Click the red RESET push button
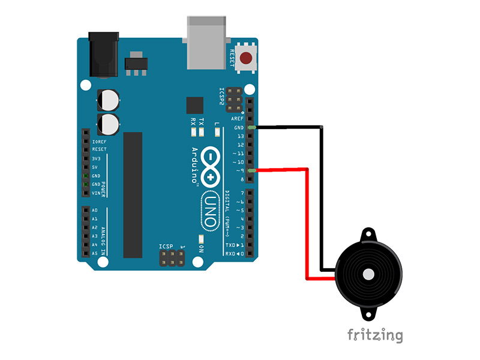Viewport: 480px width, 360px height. (x=246, y=58)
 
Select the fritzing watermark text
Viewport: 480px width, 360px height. (x=375, y=334)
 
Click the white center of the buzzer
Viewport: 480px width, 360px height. (x=367, y=275)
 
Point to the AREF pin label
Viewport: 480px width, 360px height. (x=238, y=119)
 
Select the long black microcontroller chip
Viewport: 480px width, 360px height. (x=133, y=194)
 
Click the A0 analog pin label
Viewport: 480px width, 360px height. (x=95, y=211)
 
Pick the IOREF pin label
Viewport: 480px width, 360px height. (x=99, y=142)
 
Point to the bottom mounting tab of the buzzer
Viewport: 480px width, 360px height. (x=367, y=314)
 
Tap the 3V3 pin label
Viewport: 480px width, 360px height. (x=95, y=158)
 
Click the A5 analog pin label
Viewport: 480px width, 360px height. (x=95, y=254)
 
